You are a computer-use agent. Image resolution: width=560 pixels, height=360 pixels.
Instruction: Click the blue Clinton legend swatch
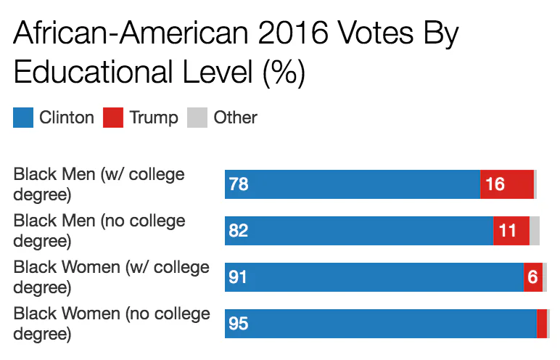pyautogui.click(x=23, y=118)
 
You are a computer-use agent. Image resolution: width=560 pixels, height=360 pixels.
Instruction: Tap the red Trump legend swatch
pyautogui.click(x=112, y=118)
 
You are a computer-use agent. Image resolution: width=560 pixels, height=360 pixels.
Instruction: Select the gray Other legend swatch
pyautogui.click(x=197, y=118)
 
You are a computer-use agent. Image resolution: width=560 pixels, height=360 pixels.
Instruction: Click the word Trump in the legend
pyautogui.click(x=154, y=118)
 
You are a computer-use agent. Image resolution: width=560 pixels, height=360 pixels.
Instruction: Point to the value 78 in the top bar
pyautogui.click(x=239, y=184)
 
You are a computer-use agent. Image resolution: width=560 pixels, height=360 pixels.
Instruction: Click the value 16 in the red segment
pyautogui.click(x=495, y=184)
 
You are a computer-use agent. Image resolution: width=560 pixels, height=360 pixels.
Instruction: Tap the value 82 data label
pyautogui.click(x=239, y=231)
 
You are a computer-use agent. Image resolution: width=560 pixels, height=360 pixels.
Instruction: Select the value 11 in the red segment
pyautogui.click(x=508, y=231)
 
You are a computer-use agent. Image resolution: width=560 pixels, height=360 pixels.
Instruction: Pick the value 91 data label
pyautogui.click(x=239, y=277)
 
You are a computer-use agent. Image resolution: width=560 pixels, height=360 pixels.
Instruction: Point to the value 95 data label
pyautogui.click(x=239, y=324)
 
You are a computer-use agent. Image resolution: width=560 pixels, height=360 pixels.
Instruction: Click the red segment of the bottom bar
pyautogui.click(x=542, y=324)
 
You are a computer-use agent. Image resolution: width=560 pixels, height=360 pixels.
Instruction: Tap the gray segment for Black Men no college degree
pyautogui.click(x=535, y=231)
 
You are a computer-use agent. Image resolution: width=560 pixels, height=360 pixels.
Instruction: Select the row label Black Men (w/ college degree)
pyautogui.click(x=99, y=184)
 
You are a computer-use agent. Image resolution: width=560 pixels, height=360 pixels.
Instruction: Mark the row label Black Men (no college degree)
pyautogui.click(x=99, y=231)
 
